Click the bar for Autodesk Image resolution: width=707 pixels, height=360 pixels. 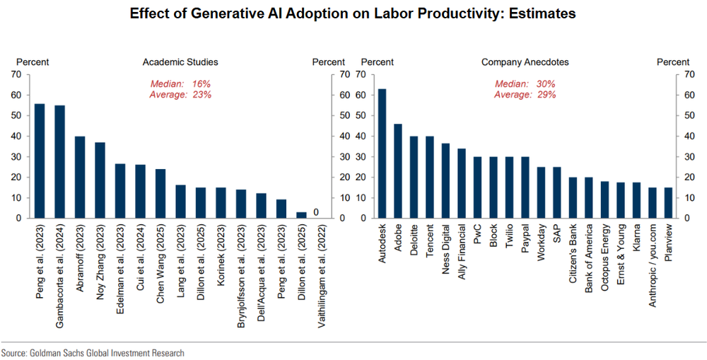pos(382,153)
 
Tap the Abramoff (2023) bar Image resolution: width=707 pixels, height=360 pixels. pos(81,178)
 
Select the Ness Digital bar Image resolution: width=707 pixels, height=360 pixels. pos(446,181)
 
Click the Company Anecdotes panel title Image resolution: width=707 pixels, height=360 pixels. pos(525,62)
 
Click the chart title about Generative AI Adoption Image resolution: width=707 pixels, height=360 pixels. pos(353,14)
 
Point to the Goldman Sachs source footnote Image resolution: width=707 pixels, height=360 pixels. pos(93,352)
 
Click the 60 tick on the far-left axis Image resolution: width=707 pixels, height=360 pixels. pos(16,95)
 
